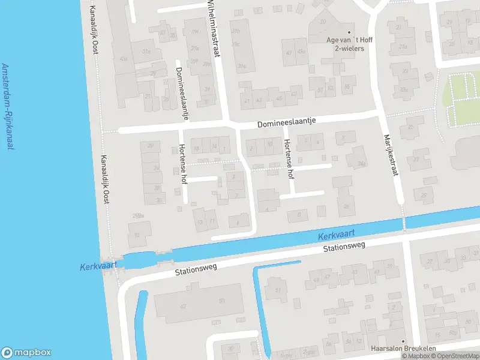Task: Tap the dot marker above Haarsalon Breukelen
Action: pos(403,340)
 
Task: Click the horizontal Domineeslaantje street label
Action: pos(286,122)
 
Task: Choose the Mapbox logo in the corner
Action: pos(26,353)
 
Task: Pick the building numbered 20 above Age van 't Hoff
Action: pos(323,22)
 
